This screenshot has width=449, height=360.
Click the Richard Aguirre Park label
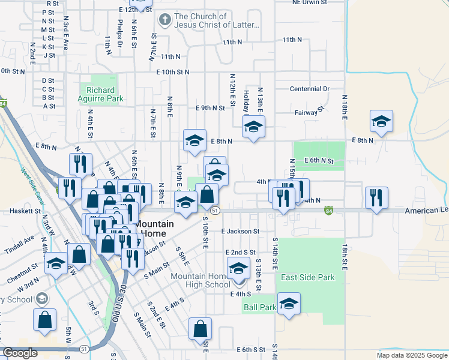coord(101,94)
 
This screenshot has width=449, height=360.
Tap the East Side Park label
coord(308,278)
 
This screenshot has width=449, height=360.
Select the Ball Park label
coord(260,307)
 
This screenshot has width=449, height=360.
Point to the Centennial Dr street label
coord(310,89)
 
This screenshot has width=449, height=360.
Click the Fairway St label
coord(310,111)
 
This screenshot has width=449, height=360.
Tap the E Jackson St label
coord(240,231)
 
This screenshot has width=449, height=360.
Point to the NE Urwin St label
coord(309,2)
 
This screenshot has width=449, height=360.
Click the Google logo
coord(20,353)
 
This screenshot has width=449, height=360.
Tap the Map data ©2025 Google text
coord(411,355)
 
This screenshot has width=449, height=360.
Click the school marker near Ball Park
coord(289,304)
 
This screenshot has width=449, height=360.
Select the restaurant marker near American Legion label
coord(376,197)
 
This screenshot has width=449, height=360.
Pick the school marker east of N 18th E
coord(381,121)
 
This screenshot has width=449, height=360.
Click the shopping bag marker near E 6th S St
coord(200,328)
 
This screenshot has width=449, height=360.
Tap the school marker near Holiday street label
coord(253,127)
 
